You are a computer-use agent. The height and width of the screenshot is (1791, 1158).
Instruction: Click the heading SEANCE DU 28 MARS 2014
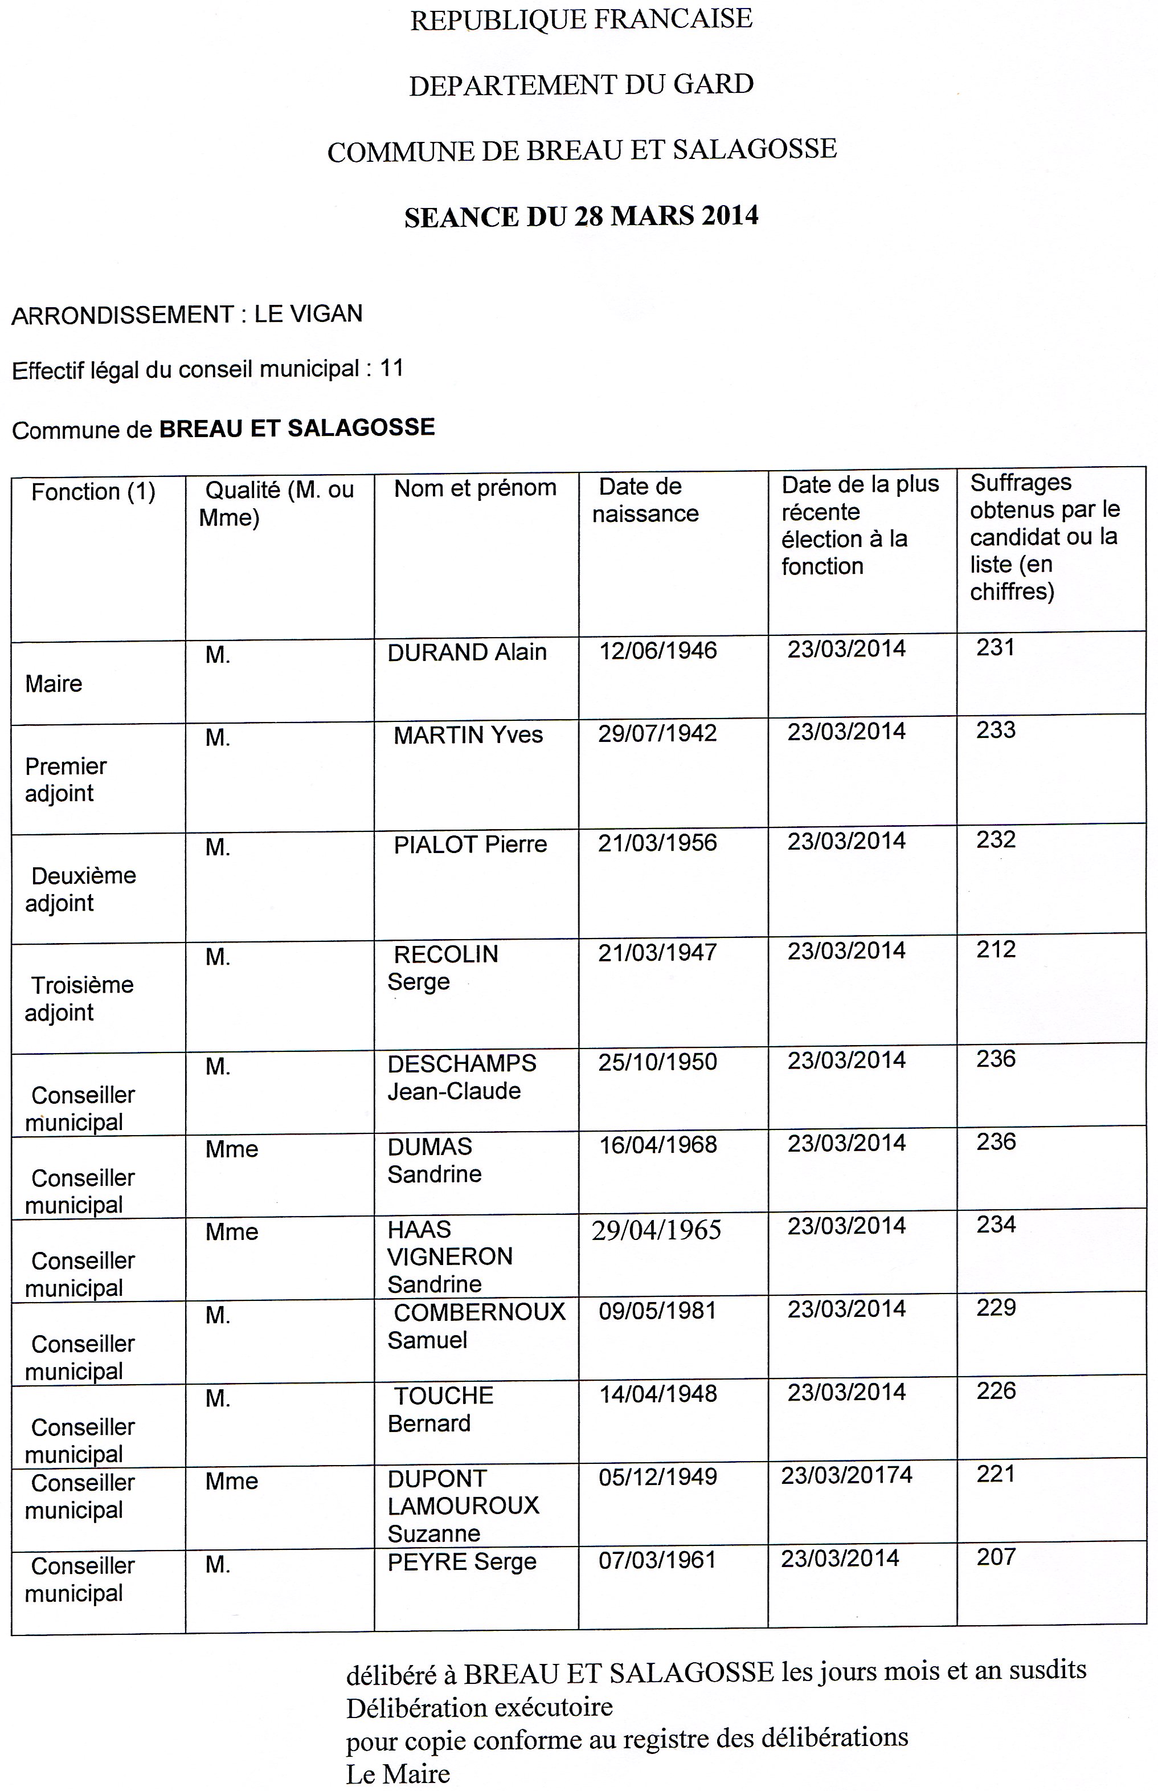tap(581, 217)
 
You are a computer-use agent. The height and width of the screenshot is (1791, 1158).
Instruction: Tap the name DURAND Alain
tap(467, 651)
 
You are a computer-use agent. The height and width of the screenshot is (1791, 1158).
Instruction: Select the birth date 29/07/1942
tap(657, 733)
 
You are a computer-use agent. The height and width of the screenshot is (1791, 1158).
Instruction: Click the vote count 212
tap(996, 949)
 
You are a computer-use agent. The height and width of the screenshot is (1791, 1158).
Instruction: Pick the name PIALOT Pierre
tap(470, 844)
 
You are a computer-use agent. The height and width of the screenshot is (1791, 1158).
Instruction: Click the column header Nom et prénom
tap(475, 488)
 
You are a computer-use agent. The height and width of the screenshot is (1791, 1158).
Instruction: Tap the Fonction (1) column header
tap(93, 492)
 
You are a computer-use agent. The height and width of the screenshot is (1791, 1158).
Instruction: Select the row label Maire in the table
tap(54, 684)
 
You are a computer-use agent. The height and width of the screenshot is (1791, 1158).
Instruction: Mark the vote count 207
tap(996, 1557)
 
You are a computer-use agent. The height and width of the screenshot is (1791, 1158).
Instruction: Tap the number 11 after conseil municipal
tap(392, 368)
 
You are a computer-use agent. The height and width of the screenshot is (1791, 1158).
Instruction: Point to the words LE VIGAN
tap(308, 313)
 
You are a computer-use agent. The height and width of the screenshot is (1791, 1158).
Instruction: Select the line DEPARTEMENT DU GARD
tap(581, 84)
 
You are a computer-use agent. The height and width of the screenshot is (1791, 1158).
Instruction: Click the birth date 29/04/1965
tap(656, 1230)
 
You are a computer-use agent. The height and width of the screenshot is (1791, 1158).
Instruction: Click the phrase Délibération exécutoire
tap(479, 1707)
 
